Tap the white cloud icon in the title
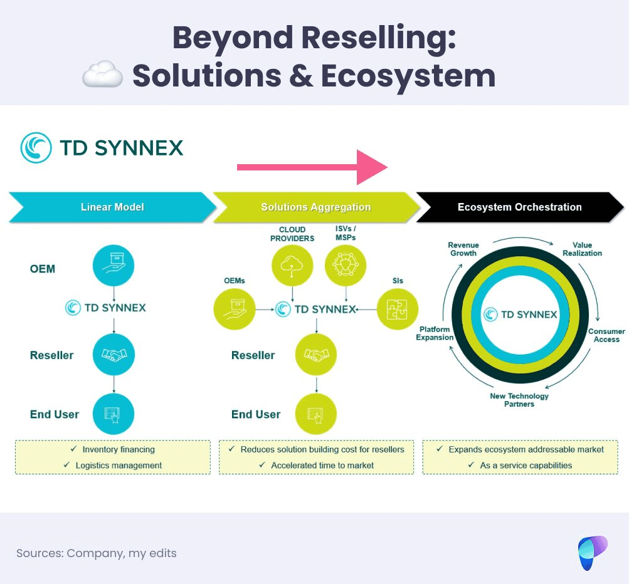(102, 75)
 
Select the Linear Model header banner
(112, 207)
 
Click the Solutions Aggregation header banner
(315, 207)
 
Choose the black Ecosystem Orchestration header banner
(519, 207)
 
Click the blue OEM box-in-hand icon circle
(114, 266)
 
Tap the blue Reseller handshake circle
(114, 355)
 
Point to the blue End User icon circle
(114, 414)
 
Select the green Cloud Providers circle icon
(292, 266)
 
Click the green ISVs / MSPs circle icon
(346, 266)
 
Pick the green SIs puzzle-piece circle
(397, 308)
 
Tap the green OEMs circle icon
(235, 308)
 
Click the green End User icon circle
(315, 414)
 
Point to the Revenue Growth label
(463, 249)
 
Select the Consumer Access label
(606, 335)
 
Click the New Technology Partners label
(519, 400)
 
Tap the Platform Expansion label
(435, 333)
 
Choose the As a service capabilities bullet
(526, 466)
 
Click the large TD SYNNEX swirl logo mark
(36, 148)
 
